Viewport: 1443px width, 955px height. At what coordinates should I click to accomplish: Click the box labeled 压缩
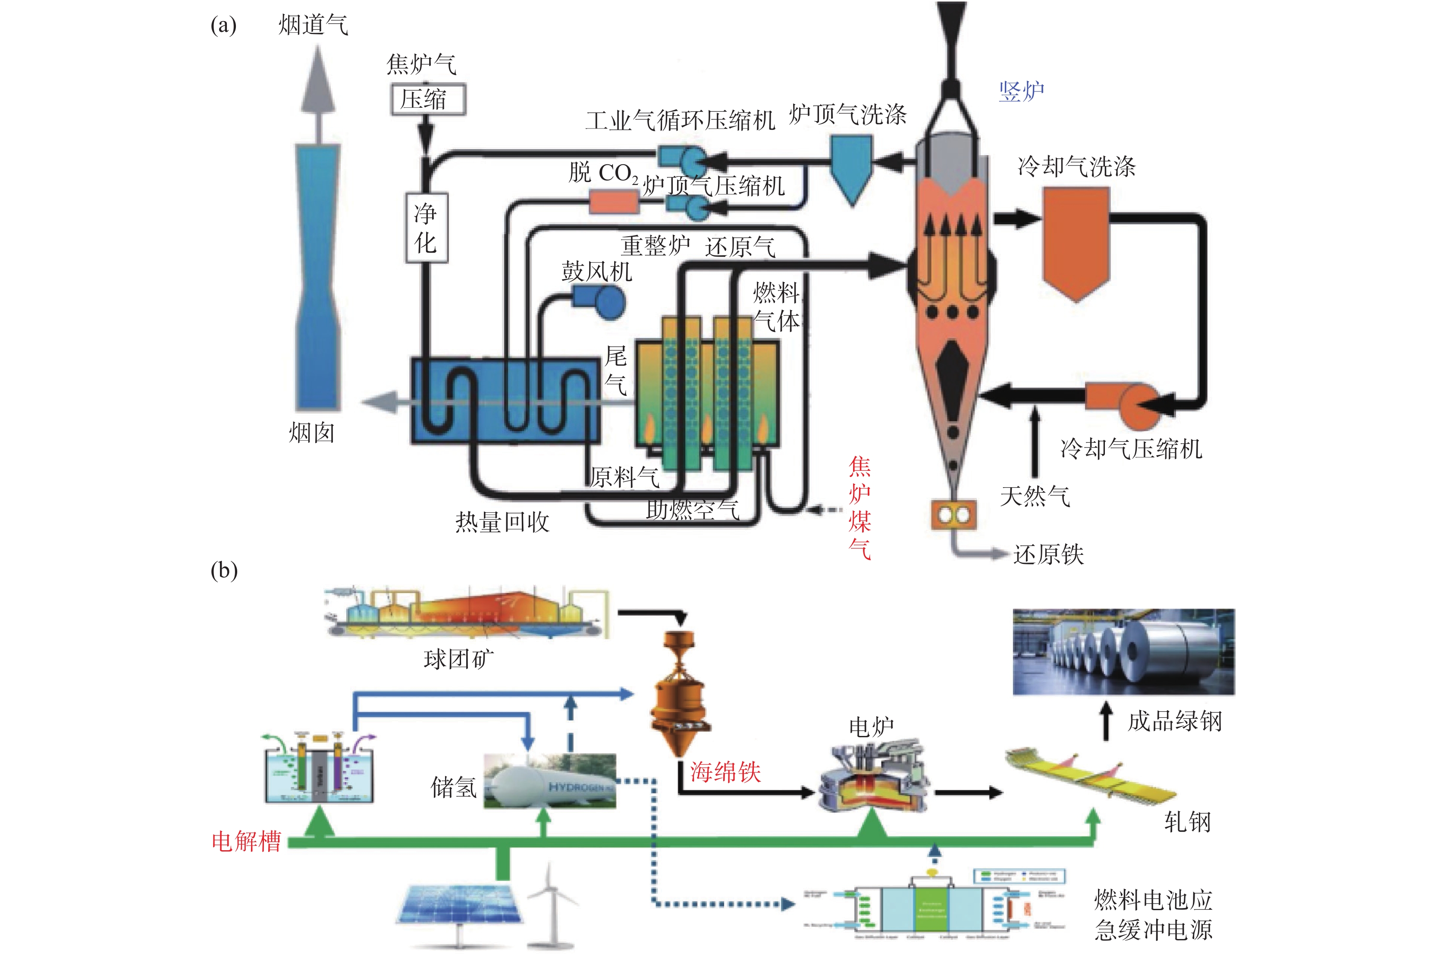428,99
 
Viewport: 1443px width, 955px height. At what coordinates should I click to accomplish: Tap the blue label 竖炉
1022,92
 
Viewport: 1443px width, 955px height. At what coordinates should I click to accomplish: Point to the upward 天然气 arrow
1034,441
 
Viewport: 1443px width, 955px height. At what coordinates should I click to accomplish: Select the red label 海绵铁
725,772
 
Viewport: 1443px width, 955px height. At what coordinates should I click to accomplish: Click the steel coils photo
1123,652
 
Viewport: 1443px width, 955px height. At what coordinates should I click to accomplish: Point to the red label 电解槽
246,841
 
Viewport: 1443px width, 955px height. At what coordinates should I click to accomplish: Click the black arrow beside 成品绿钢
1107,721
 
